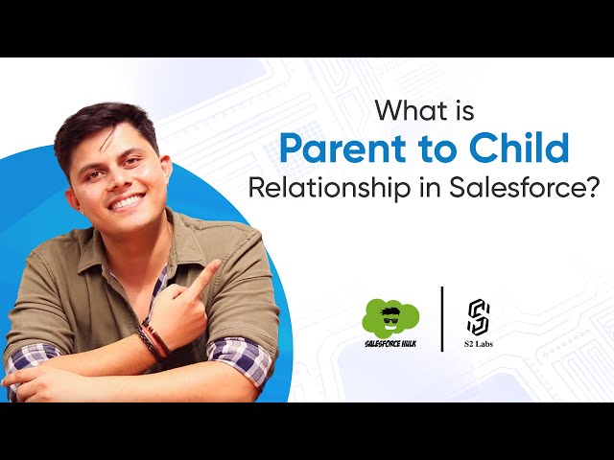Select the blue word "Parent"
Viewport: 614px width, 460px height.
[334, 148]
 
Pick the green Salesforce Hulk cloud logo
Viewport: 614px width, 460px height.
[390, 316]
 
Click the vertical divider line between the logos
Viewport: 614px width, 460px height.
[441, 319]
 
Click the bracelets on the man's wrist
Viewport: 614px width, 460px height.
[152, 337]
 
